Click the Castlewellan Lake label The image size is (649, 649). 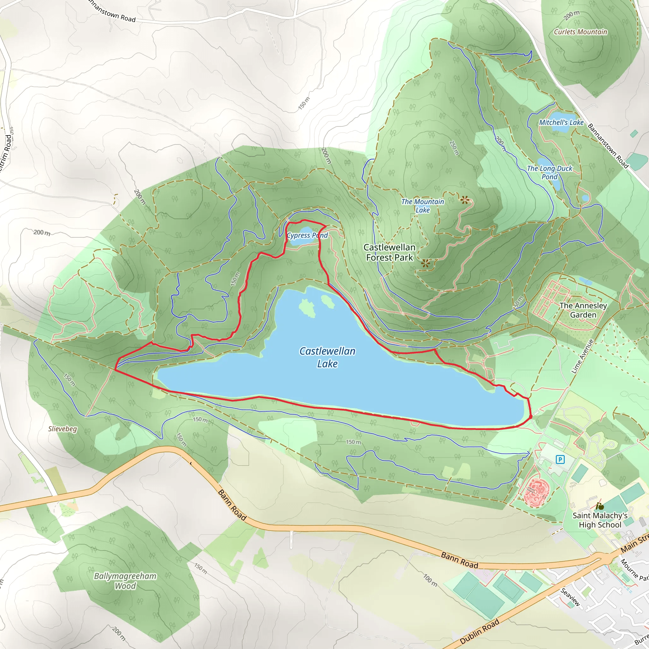tap(327, 357)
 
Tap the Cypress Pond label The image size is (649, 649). tap(307, 235)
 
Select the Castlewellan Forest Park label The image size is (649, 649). tap(389, 252)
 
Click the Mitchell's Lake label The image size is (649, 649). tap(561, 123)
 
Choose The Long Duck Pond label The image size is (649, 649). tap(549, 172)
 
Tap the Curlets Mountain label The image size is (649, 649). tap(580, 32)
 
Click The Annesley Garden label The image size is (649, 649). tap(583, 310)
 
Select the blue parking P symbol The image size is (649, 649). tap(560, 459)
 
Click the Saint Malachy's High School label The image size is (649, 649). tap(600, 520)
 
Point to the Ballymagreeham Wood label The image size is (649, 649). tap(125, 581)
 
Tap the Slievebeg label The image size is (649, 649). tap(62, 429)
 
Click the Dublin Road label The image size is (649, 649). tap(479, 631)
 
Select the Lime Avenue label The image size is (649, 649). tap(582, 357)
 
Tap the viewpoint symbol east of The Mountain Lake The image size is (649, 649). tap(464, 201)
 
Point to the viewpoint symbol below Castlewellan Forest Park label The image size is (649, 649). tap(425, 263)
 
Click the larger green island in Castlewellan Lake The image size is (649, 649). tap(307, 308)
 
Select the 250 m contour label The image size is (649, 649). tap(454, 148)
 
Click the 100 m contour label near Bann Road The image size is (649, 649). tap(430, 580)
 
